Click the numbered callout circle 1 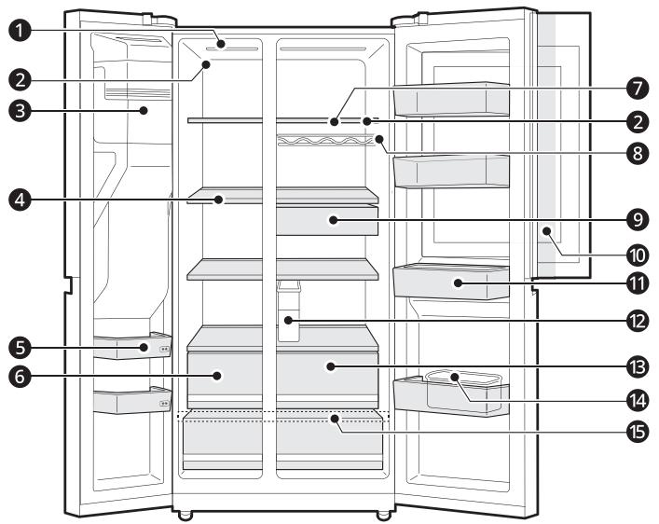tap(20, 31)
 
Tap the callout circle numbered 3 tap(20, 112)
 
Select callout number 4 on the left tap(20, 200)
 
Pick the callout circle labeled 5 tap(20, 348)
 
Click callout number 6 tap(20, 377)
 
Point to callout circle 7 tap(638, 89)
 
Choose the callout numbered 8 tap(638, 153)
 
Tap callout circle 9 tap(638, 219)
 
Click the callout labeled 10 tap(638, 255)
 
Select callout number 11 tap(638, 283)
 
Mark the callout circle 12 tap(638, 322)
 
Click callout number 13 tap(638, 367)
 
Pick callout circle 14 tap(638, 400)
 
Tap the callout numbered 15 tap(638, 432)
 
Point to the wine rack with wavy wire tap(325, 141)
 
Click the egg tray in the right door tap(464, 390)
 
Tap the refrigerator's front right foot tap(383, 516)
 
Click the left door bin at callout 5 tap(132, 346)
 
